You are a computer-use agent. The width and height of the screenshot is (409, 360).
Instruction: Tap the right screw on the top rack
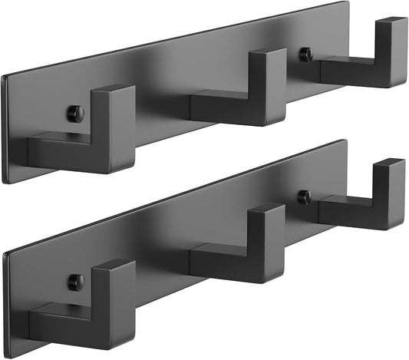pos(305,54)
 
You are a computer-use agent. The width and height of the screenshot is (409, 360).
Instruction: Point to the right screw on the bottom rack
pos(305,197)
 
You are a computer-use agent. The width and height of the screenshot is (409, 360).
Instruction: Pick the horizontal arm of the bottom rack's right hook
pos(345,211)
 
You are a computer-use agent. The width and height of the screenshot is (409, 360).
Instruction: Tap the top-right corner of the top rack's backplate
pos(347,2)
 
